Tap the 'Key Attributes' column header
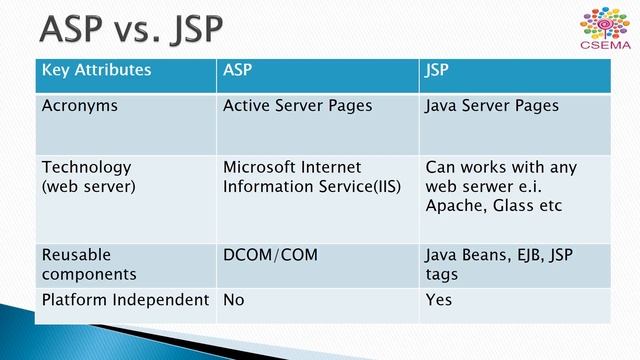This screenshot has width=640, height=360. pyautogui.click(x=96, y=70)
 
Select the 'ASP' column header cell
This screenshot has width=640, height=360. pyautogui.click(x=238, y=70)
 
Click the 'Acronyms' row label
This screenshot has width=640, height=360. pyautogui.click(x=80, y=105)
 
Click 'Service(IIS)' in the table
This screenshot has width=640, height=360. pyautogui.click(x=357, y=185)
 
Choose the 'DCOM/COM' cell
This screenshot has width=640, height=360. pyautogui.click(x=270, y=255)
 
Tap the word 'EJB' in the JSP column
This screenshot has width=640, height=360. pyautogui.click(x=524, y=255)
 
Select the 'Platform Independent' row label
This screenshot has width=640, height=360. pyautogui.click(x=125, y=300)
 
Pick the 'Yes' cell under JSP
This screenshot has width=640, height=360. pyautogui.click(x=439, y=300)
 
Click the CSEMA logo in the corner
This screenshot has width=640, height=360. pyautogui.click(x=605, y=29)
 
